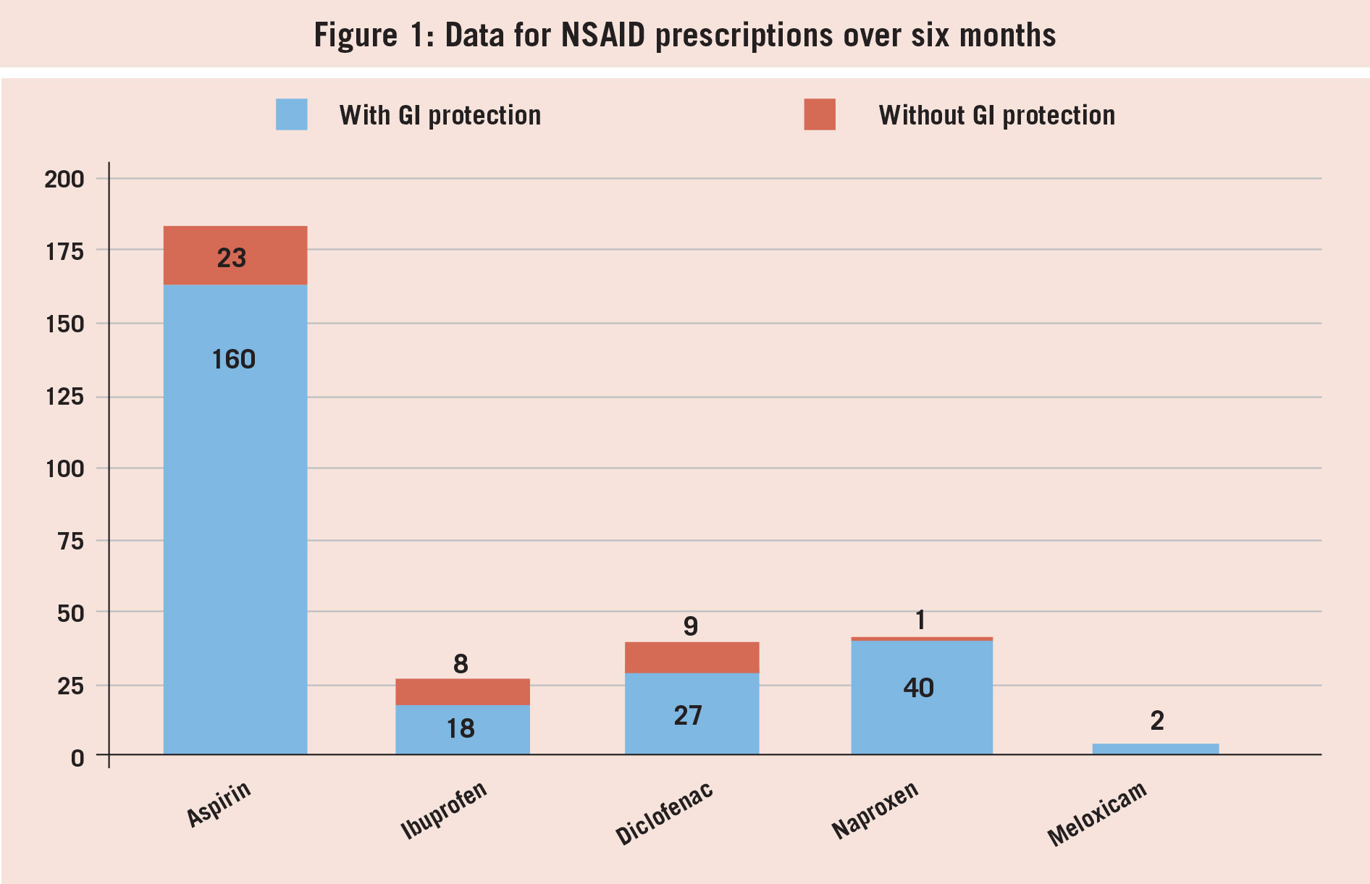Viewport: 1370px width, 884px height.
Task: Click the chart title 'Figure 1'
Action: [684, 35]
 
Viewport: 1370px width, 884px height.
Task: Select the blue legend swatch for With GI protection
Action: [291, 114]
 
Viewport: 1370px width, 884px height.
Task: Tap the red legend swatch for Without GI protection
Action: [819, 114]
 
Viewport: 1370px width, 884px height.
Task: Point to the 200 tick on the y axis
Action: [64, 179]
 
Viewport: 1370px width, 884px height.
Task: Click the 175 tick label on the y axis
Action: [64, 251]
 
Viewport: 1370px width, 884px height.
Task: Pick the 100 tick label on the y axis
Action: [64, 468]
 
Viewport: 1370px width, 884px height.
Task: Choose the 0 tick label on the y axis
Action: [77, 758]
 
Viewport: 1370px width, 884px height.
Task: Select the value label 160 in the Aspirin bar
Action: [233, 359]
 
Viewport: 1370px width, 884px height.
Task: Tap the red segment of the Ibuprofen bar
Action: [462, 691]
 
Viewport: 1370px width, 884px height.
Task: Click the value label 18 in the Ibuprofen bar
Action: [461, 728]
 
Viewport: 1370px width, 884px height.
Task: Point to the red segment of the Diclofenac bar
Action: [692, 657]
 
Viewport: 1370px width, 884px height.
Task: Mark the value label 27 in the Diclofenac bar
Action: [688, 715]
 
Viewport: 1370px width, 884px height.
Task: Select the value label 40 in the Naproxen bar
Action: [918, 688]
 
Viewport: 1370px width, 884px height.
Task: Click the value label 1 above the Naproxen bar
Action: [920, 620]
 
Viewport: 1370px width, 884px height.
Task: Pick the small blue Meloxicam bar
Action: [1155, 749]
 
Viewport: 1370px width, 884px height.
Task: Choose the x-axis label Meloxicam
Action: [1096, 814]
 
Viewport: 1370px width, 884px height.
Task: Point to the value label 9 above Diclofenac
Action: [691, 626]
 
